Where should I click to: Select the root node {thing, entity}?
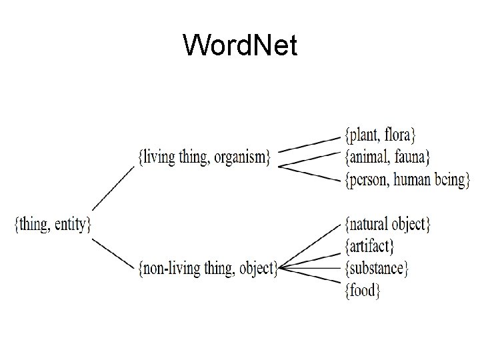pyautogui.click(x=53, y=223)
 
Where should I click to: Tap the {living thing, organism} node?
pyautogui.click(x=204, y=157)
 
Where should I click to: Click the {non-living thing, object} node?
pyautogui.click(x=207, y=268)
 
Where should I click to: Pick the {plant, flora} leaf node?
pyautogui.click(x=380, y=135)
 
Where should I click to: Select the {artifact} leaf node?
pyautogui.click(x=369, y=246)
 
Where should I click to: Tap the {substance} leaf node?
pyautogui.click(x=377, y=268)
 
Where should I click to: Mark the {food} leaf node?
pyautogui.click(x=362, y=290)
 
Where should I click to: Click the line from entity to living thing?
pyautogui.click(x=113, y=189)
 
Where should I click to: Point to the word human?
pyautogui.click(x=419, y=179)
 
